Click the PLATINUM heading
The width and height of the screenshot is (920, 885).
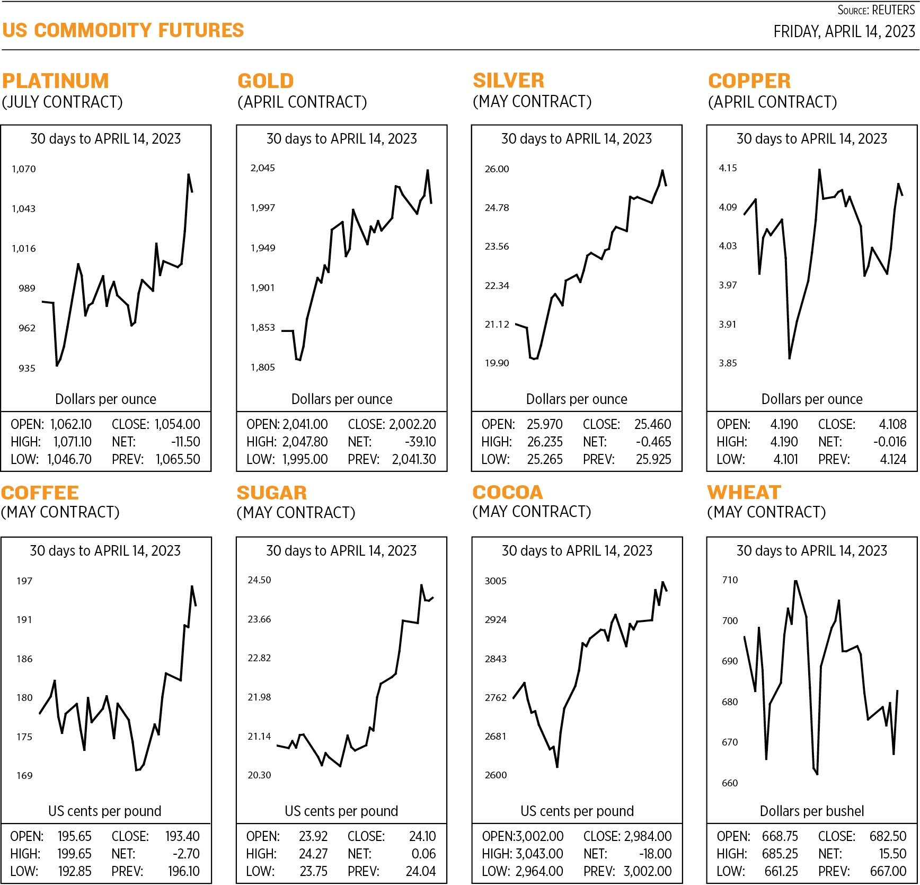click(56, 81)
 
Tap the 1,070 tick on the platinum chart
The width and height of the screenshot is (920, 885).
click(24, 169)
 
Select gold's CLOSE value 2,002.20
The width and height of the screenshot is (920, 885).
click(412, 424)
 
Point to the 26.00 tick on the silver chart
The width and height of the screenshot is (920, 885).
click(497, 169)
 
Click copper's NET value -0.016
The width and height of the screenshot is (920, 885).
click(890, 442)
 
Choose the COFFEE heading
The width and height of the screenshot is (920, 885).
click(40, 493)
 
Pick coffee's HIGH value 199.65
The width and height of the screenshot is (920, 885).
click(74, 854)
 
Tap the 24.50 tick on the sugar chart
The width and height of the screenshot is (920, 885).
click(259, 580)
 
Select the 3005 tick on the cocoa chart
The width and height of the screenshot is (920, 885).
click(496, 581)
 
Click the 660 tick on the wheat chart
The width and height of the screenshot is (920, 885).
click(730, 783)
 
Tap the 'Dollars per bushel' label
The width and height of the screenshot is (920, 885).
click(811, 811)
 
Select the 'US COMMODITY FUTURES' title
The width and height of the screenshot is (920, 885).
click(123, 31)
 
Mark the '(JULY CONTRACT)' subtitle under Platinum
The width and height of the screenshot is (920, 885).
click(63, 102)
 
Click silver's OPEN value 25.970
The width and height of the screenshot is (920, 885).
click(544, 424)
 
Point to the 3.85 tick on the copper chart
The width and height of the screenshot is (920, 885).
click(728, 363)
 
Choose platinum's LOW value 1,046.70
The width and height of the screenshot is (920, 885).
click(69, 459)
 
